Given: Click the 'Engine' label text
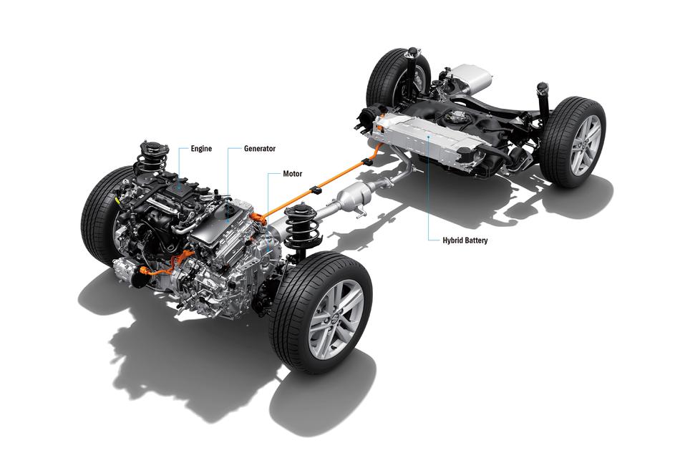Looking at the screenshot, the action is coord(201,149).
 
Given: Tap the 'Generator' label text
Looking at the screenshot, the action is coord(260,149).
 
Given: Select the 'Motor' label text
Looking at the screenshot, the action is coord(292,174).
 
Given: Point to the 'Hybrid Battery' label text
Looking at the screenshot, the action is coord(465,240).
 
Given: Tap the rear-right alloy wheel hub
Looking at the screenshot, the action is coord(586,145).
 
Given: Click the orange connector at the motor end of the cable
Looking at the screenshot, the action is coord(258,217).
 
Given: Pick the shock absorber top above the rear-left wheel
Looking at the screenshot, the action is coord(413,52).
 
